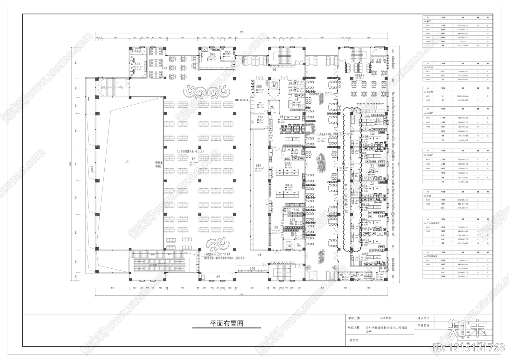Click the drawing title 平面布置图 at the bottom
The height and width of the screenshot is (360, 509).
227,323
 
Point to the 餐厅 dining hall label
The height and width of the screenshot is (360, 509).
194,158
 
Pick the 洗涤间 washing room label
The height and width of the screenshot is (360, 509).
259,87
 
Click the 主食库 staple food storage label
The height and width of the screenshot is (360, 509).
293,220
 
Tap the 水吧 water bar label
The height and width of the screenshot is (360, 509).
219,276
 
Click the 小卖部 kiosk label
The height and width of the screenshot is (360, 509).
253,268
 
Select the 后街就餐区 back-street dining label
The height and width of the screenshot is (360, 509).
359,75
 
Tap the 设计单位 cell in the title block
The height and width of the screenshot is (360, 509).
386,318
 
